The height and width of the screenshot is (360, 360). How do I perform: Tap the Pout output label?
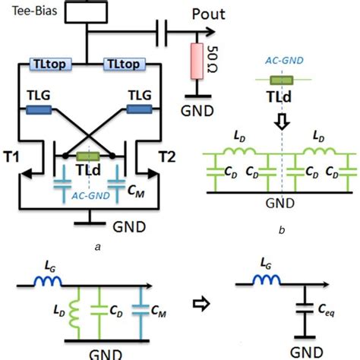coord(213,14)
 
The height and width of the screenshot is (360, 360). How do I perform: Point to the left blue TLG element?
coord(38,110)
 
